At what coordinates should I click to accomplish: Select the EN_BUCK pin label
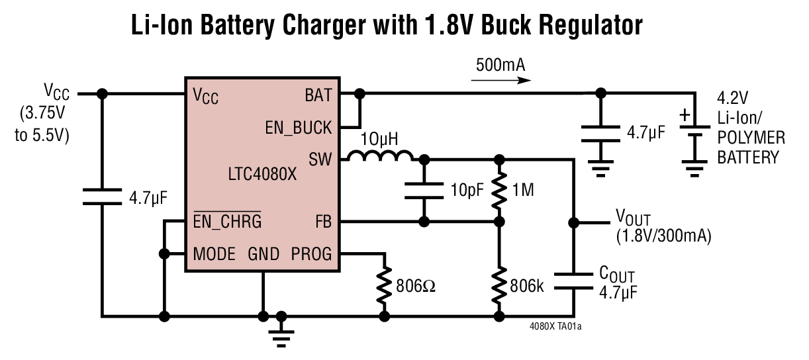click(298, 128)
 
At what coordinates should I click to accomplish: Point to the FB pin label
click(322, 222)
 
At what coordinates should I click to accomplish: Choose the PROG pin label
click(311, 254)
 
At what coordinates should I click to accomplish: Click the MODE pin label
click(214, 254)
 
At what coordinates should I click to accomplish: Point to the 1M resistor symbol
click(500, 191)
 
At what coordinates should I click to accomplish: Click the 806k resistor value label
click(527, 287)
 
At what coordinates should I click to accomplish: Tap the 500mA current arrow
click(501, 81)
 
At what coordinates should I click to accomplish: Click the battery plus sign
click(685, 117)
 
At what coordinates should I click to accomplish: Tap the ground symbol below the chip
click(282, 335)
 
